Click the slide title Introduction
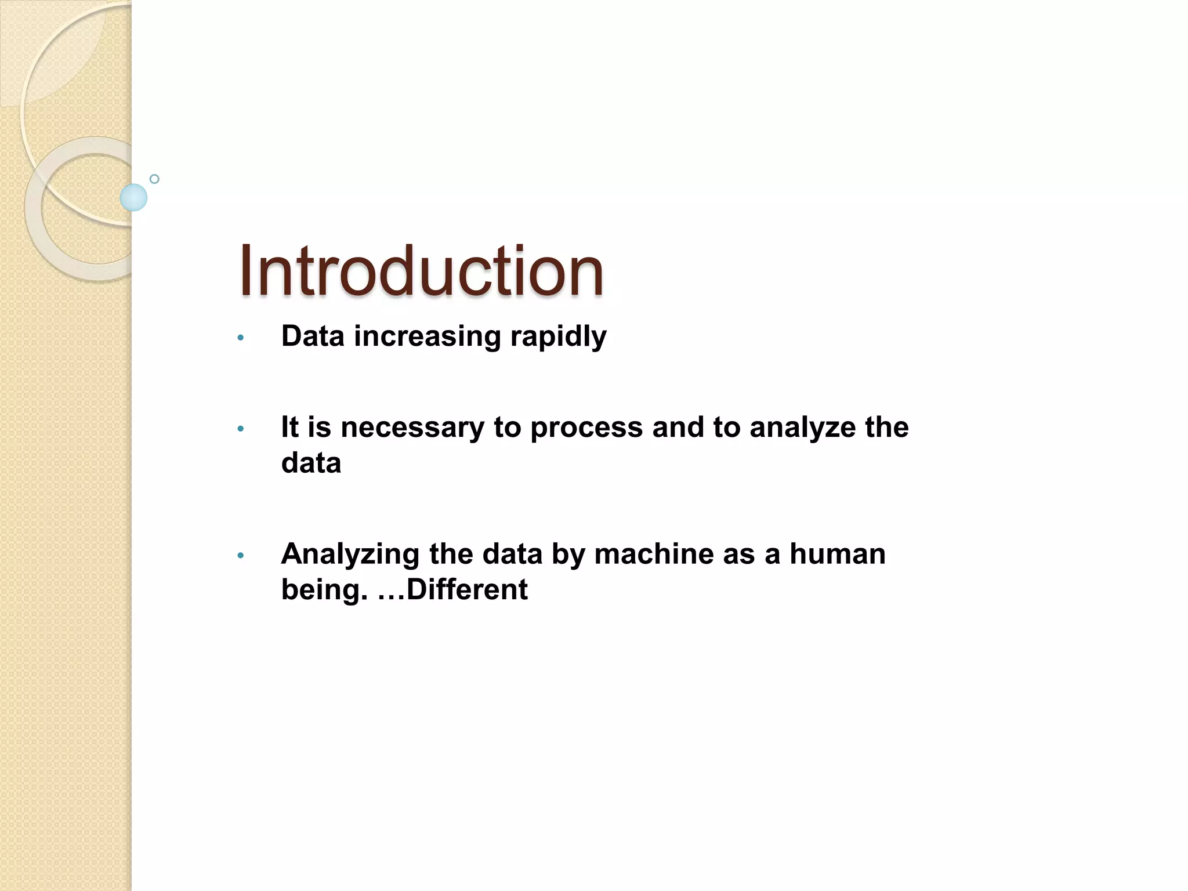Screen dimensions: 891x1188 tap(421, 271)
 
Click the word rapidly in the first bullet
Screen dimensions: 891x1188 tap(558, 336)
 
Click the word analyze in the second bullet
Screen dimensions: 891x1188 tap(803, 428)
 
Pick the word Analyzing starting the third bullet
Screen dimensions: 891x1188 tap(350, 555)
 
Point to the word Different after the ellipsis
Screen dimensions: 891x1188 tap(467, 589)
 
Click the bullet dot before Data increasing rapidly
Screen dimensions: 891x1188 tap(241, 338)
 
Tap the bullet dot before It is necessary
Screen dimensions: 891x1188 tap(241, 429)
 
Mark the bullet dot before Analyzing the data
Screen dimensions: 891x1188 tap(241, 556)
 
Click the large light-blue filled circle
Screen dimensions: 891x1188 tap(133, 197)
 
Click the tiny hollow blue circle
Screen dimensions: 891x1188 tap(154, 179)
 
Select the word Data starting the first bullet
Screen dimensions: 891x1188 tap(313, 336)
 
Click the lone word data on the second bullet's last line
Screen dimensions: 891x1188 tap(311, 463)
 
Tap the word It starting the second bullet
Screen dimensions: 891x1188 tap(289, 428)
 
